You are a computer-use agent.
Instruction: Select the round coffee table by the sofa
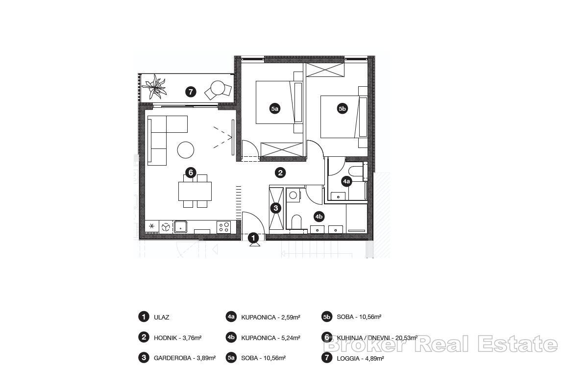coord(186,149)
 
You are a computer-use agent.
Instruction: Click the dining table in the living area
coord(195,191)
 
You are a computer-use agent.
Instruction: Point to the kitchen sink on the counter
coord(180,226)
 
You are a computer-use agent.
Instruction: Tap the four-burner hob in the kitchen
coord(224,226)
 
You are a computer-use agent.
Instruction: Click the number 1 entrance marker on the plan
coord(253,238)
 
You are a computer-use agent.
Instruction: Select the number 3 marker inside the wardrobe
coord(276,208)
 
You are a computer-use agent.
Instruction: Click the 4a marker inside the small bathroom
coord(346,181)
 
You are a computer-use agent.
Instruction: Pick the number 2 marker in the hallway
coord(280,172)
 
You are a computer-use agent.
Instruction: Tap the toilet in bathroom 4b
coord(295,223)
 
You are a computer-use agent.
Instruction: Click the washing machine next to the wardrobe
coord(294,195)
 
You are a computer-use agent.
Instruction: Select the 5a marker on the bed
coord(275,109)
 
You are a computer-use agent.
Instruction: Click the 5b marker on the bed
coord(342,109)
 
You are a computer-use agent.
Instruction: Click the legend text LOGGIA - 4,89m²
coord(360,358)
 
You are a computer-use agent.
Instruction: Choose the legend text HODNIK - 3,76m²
coord(177,338)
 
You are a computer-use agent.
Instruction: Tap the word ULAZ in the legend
coord(161,317)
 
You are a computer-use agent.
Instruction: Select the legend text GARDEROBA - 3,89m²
coord(185,358)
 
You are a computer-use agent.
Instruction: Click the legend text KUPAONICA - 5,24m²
coord(270,338)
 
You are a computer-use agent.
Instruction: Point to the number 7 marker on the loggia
coord(191,92)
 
